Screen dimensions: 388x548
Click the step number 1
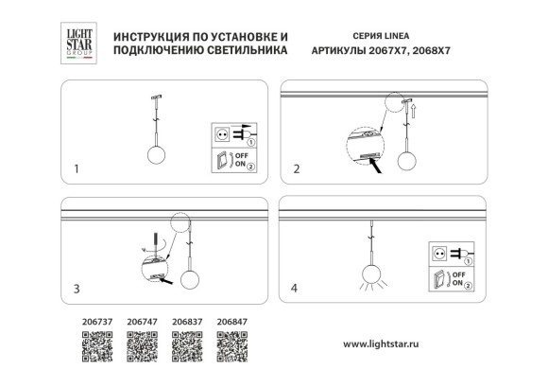[x=77, y=171]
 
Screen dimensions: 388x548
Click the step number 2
[x=296, y=171]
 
